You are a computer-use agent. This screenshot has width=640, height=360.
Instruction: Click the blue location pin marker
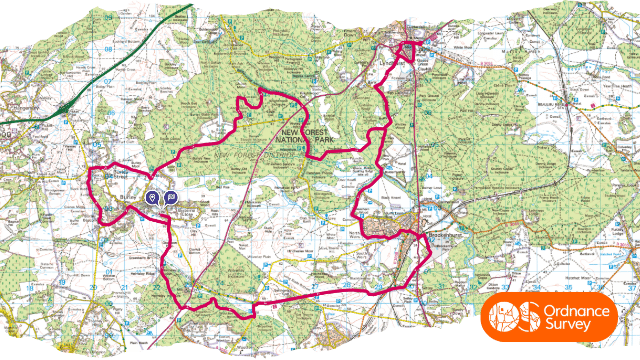[152, 198]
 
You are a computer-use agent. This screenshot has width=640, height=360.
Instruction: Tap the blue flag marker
[169, 198]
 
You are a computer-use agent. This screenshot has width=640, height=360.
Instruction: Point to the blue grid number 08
[107, 47]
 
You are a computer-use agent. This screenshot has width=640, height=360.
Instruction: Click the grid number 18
[31, 289]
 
